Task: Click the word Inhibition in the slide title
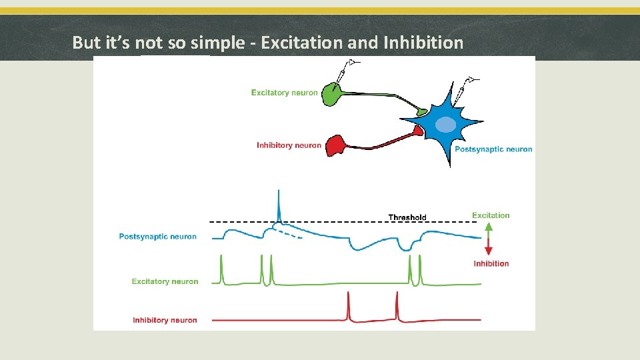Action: tap(423, 43)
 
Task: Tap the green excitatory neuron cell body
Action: tap(330, 94)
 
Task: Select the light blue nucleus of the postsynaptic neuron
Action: tap(445, 125)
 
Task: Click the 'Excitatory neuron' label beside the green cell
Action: tap(284, 93)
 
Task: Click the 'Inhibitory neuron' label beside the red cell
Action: tap(289, 145)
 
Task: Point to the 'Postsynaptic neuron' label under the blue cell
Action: tap(493, 149)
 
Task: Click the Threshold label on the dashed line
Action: tap(407, 217)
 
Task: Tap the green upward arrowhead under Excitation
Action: tap(489, 227)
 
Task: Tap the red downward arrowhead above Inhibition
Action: tap(489, 250)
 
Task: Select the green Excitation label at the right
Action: tap(491, 215)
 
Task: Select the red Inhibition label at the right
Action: tap(491, 263)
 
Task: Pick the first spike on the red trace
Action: tap(348, 306)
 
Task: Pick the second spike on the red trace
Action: tap(397, 306)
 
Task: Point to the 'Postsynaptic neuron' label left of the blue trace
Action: tap(158, 237)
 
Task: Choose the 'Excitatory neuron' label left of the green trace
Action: tap(165, 281)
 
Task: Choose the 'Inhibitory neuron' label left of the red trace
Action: tap(165, 320)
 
